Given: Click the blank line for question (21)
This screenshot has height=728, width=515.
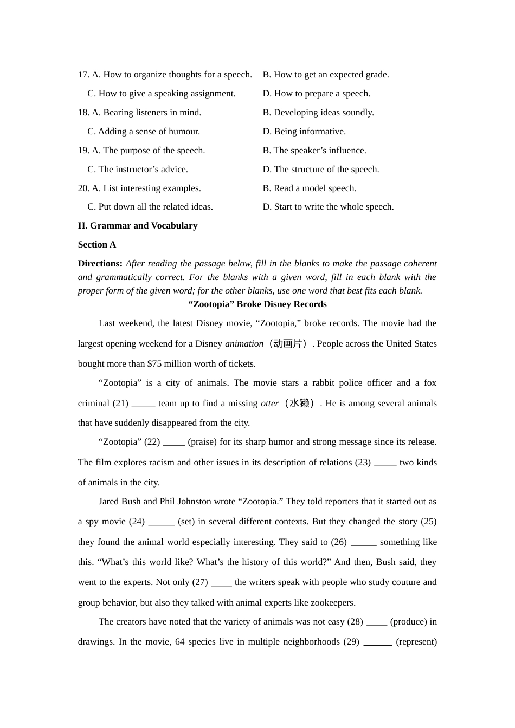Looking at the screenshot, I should tap(143, 404).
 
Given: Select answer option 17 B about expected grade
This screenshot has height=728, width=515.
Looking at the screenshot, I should tap(326, 75).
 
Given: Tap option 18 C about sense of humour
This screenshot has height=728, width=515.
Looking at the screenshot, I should tap(144, 132).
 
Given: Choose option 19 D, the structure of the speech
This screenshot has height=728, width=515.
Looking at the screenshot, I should tap(321, 170).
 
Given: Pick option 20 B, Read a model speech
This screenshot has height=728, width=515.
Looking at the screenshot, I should tap(310, 188).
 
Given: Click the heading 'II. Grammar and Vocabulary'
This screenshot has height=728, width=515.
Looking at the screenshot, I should tap(138, 226).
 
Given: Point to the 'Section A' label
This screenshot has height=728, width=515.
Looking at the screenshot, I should tap(97, 245).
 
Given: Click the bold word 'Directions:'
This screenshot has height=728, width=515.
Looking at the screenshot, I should tap(100, 264).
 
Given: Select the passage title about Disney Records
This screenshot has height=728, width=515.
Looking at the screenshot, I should tap(257, 304).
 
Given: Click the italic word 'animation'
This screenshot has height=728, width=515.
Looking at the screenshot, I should tap(244, 344).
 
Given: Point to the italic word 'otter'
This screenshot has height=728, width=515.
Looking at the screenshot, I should tap(269, 404).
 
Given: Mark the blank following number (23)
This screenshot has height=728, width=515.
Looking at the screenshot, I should tap(385, 463).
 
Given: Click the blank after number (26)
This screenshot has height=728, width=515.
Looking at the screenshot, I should tap(363, 542).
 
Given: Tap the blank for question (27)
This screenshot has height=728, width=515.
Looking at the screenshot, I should tap(221, 582).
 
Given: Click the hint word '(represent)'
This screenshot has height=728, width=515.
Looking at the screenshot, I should tap(416, 642).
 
